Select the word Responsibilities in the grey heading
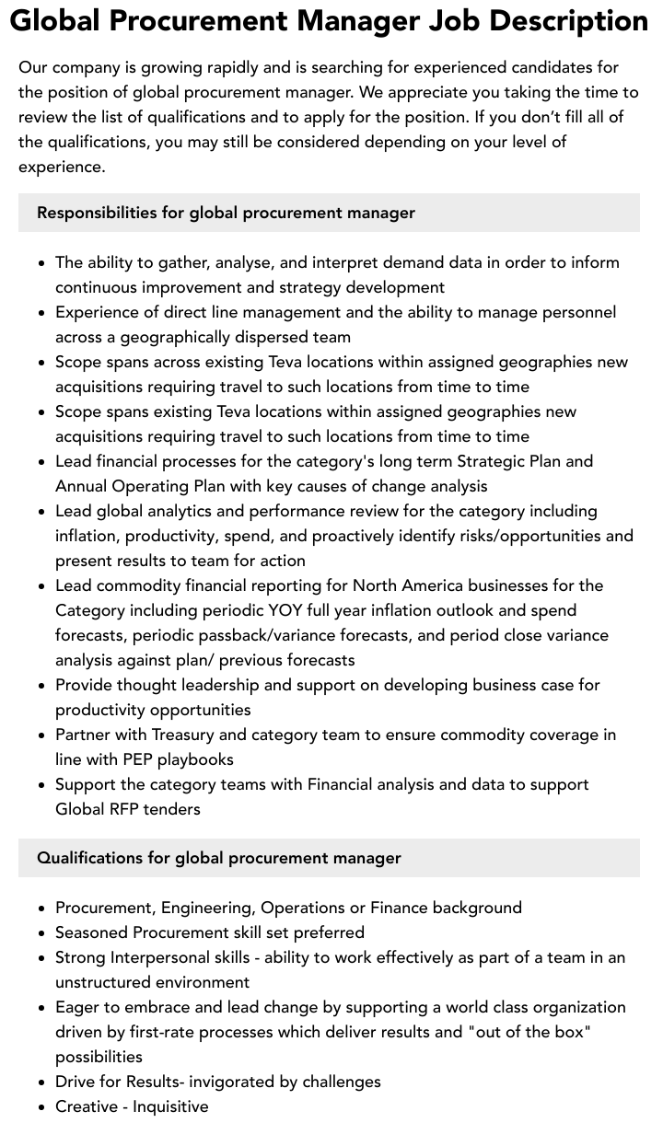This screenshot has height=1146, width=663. (97, 213)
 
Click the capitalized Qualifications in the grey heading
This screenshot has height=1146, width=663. (89, 858)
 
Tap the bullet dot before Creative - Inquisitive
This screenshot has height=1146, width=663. (42, 1107)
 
